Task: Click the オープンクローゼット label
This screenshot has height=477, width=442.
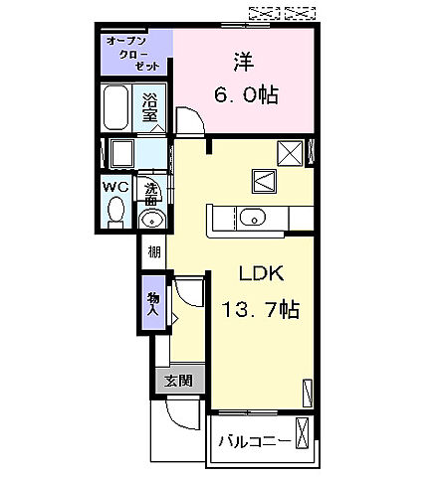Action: click(x=137, y=51)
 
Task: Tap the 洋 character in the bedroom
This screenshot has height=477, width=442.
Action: click(x=242, y=62)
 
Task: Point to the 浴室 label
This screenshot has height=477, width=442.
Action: click(x=149, y=107)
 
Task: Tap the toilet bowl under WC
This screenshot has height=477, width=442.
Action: click(x=115, y=212)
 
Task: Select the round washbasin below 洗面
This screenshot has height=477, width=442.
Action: click(x=151, y=219)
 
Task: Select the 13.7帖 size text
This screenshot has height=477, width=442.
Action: click(x=259, y=310)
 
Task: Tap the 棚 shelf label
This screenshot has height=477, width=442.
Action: click(x=154, y=252)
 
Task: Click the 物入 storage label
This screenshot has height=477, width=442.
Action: click(x=154, y=303)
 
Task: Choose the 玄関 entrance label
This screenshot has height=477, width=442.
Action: click(x=179, y=379)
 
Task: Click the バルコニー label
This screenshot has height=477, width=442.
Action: click(x=255, y=440)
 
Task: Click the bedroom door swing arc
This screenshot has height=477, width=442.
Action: click(x=189, y=121)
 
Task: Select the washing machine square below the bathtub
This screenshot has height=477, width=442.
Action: click(x=123, y=155)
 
